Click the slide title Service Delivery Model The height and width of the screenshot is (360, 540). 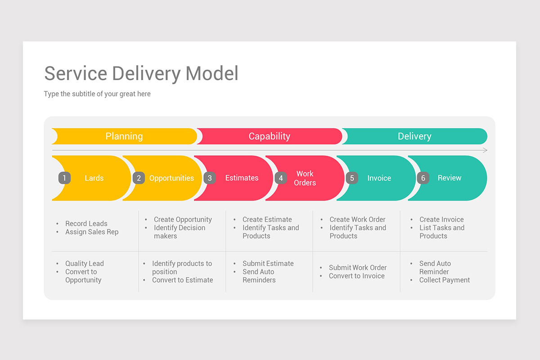coord(141,73)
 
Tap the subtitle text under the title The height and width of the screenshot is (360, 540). coord(97,94)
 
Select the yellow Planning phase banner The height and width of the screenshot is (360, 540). coord(124,136)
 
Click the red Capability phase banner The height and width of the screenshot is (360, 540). coord(269,136)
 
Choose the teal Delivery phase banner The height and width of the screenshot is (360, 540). coord(414,136)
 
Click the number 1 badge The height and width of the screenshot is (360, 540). coord(64,178)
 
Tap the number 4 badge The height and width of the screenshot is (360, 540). coord(281,178)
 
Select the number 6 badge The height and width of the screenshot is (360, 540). coord(423,178)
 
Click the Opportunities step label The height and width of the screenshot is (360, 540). coord(171,178)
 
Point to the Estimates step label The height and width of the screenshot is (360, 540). coord(242,178)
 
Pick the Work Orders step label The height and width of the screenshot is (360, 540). coord(305,178)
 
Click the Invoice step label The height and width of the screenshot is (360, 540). coord(379,178)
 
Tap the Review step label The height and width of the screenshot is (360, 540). coord(449,178)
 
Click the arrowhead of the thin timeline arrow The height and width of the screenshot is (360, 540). coord(485,150)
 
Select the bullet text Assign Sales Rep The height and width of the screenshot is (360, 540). coord(92,232)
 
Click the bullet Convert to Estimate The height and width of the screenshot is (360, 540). coord(182,280)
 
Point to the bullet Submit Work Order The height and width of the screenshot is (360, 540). coord(358,268)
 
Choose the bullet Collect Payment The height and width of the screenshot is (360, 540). coord(444,280)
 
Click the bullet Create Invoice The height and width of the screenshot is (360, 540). coord(441,220)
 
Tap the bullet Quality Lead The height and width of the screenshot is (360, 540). coord(84,264)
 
